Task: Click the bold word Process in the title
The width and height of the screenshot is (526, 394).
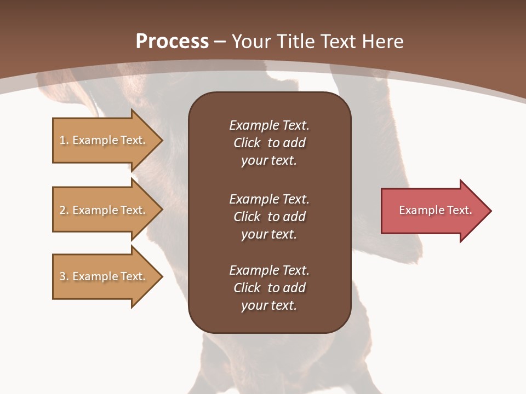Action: click(x=172, y=42)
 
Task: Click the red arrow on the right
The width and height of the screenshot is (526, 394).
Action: click(x=433, y=211)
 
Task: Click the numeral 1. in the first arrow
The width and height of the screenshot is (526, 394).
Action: click(x=64, y=140)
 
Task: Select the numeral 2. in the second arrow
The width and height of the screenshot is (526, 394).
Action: click(x=64, y=210)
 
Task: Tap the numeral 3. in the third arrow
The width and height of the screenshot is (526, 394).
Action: click(x=64, y=276)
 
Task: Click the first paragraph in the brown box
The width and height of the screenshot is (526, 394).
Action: click(x=269, y=143)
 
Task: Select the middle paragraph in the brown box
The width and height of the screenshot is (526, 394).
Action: click(x=269, y=217)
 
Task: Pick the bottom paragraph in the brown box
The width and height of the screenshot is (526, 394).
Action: click(x=269, y=288)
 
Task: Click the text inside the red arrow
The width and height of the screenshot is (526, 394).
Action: click(x=435, y=210)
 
